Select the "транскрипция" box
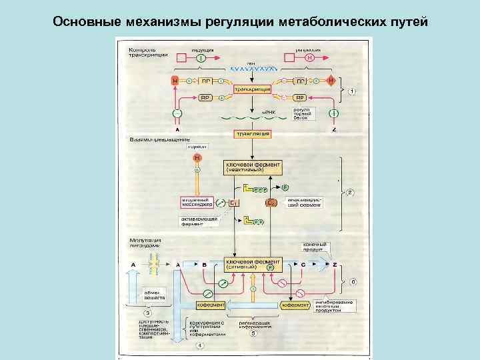(251, 89)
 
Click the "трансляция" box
(252, 134)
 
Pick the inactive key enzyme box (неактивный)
(253, 167)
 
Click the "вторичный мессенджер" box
(197, 201)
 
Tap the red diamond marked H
(332, 81)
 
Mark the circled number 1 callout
(351, 90)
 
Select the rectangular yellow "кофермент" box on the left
(209, 305)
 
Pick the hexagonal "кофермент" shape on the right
(295, 305)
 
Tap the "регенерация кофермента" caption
(255, 325)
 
